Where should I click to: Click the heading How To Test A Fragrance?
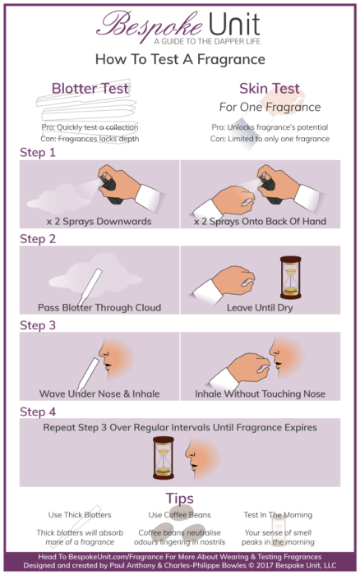point(179,59)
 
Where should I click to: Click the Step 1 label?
point(37,153)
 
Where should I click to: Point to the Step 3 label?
point(37,325)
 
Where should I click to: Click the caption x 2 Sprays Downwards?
point(92,221)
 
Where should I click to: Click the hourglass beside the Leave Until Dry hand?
point(289,277)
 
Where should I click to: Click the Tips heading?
point(179,499)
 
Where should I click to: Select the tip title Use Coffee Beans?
point(179,515)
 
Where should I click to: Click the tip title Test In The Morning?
point(278,515)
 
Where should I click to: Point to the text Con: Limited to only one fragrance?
point(270,139)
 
